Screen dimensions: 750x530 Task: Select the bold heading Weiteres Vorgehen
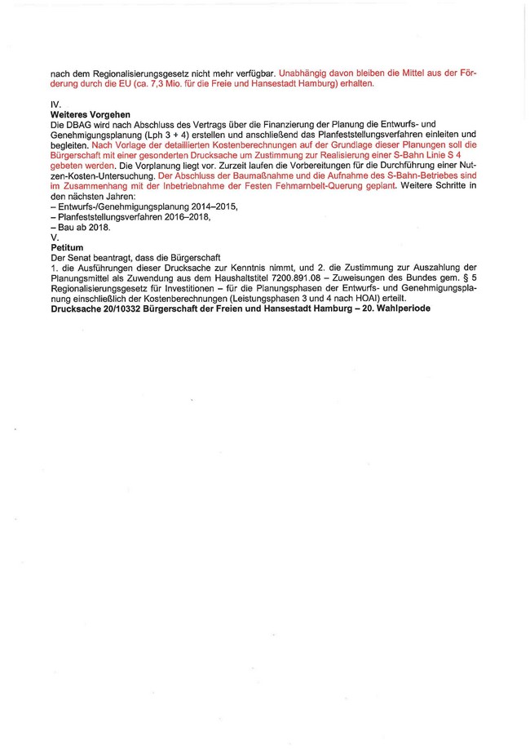click(x=86, y=114)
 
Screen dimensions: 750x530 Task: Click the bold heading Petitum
click(x=67, y=246)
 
